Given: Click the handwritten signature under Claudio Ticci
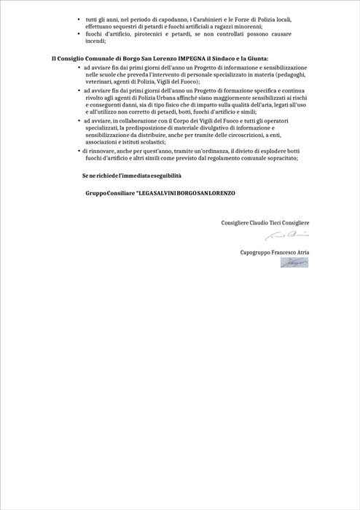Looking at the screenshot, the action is tap(288, 235).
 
